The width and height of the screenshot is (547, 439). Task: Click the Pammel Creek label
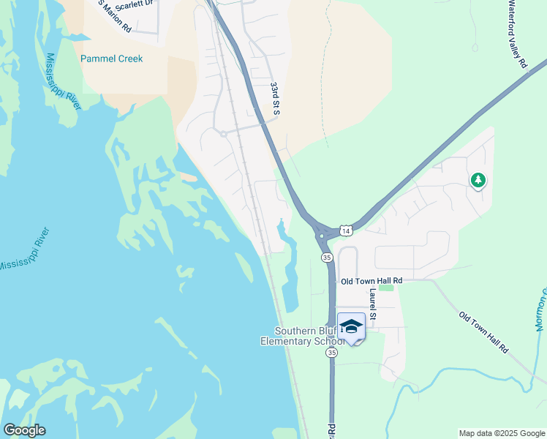pos(112,59)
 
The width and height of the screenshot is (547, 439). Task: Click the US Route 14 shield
pos(347,230)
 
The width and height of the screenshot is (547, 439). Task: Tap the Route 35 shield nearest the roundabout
pos(327,258)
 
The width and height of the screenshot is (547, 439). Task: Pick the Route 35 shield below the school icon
pos(333,353)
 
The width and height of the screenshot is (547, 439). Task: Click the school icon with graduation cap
pos(351,327)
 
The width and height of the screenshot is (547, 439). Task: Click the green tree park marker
pos(478,179)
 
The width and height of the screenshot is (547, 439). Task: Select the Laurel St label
pos(373,304)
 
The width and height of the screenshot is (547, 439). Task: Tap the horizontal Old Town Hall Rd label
pos(371,280)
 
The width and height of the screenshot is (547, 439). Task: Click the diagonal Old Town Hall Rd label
pos(483,333)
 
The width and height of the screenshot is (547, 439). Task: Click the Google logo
pos(24,430)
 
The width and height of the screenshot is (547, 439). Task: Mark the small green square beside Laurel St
pos(386,287)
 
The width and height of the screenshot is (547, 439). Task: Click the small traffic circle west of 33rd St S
pos(223,133)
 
